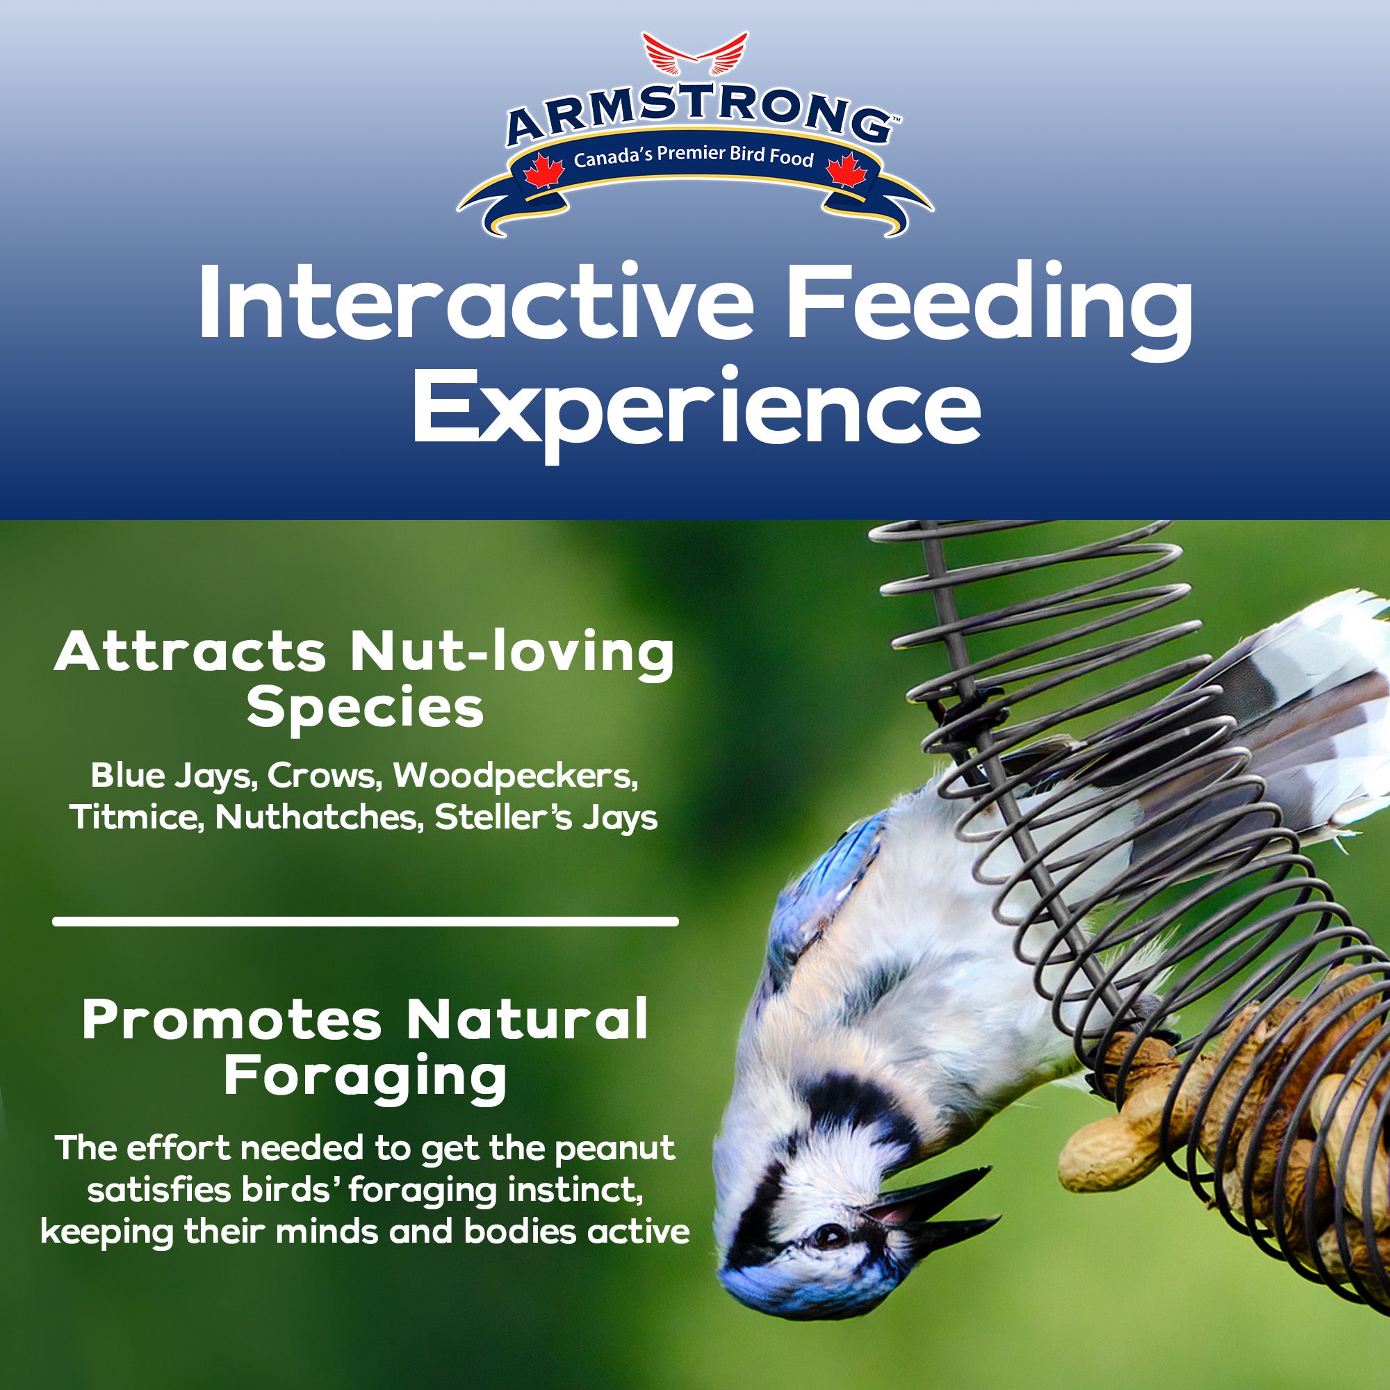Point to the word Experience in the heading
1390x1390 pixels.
click(696, 412)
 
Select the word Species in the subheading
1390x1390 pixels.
click(366, 710)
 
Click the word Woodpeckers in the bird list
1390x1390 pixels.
click(515, 777)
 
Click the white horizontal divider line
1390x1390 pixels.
click(366, 921)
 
